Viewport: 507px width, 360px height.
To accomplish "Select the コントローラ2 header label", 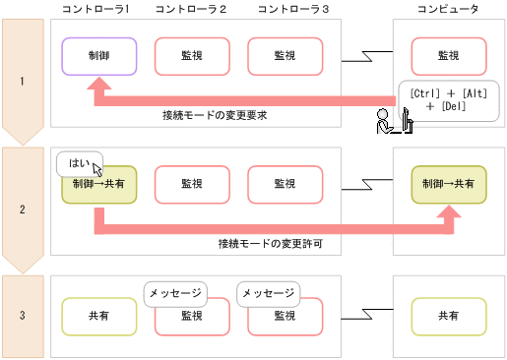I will pyautogui.click(x=191, y=10).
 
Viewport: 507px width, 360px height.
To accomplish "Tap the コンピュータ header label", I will pyautogui.click(x=448, y=10).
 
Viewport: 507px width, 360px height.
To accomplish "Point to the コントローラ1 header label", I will pyautogui.click(x=95, y=10).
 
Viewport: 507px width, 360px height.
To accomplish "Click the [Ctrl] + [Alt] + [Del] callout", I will pyautogui.click(x=446, y=98).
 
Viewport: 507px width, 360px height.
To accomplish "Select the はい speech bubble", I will pyautogui.click(x=76, y=161).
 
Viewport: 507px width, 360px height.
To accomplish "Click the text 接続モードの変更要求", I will pyautogui.click(x=216, y=116).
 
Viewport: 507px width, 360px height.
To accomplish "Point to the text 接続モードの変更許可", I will pyautogui.click(x=273, y=242).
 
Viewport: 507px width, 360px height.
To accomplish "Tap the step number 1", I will pyautogui.click(x=22, y=81).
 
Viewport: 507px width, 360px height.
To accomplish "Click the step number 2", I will pyautogui.click(x=22, y=209).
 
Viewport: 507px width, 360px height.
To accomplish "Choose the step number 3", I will pyautogui.click(x=22, y=316).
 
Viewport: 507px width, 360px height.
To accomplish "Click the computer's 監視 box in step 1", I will pyautogui.click(x=447, y=57).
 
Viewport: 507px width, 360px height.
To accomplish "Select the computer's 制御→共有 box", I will pyautogui.click(x=447, y=184).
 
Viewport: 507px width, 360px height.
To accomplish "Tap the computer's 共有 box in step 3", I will pyautogui.click(x=447, y=316).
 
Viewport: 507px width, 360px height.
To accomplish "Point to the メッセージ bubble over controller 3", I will pyautogui.click(x=268, y=293).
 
